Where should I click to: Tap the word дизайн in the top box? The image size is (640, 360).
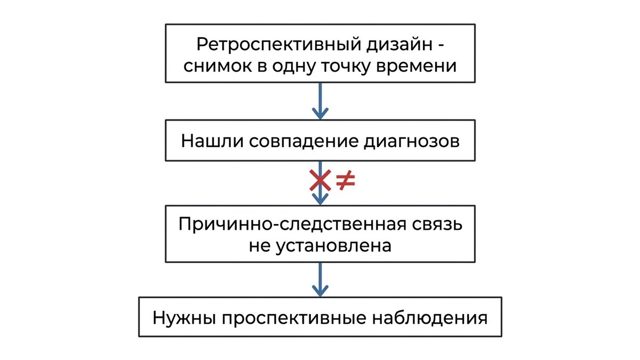(x=399, y=45)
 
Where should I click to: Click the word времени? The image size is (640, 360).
(x=416, y=66)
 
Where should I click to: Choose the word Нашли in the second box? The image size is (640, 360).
(x=212, y=141)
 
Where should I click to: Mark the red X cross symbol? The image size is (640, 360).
(x=321, y=180)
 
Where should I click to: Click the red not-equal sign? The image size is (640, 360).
(x=346, y=181)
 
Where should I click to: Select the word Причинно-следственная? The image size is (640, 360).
(x=292, y=225)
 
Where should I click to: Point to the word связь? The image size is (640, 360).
(x=437, y=225)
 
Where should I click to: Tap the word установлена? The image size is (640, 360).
(x=333, y=246)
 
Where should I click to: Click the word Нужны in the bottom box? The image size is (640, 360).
(x=185, y=318)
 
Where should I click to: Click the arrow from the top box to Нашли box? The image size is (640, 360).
(x=321, y=101)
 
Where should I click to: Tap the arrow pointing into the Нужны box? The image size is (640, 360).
(x=321, y=279)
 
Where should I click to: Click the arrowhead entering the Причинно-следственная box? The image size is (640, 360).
(x=321, y=199)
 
